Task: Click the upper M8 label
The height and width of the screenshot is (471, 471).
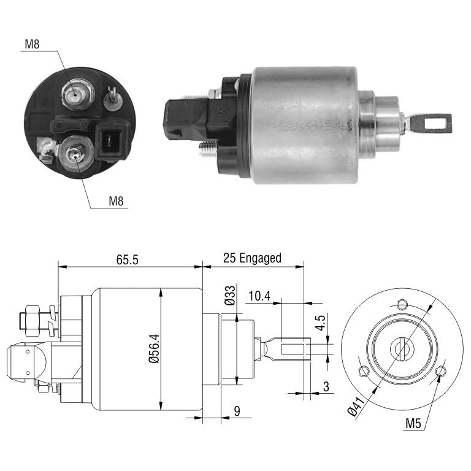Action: click(x=32, y=44)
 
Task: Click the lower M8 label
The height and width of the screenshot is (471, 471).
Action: click(x=116, y=201)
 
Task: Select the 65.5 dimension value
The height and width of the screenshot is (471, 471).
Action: click(x=128, y=259)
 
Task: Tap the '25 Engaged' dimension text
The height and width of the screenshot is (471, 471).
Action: click(x=252, y=258)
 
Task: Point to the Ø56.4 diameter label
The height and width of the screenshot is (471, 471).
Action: click(x=155, y=348)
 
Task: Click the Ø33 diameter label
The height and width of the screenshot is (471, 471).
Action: click(x=231, y=296)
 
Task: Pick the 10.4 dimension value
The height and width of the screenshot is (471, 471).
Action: click(x=259, y=296)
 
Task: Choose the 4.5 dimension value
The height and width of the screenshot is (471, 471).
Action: click(x=321, y=323)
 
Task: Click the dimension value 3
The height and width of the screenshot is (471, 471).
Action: click(x=326, y=386)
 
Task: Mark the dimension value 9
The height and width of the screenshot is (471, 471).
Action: click(x=237, y=412)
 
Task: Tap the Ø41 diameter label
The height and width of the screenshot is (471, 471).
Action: click(x=356, y=406)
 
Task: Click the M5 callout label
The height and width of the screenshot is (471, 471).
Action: click(x=413, y=424)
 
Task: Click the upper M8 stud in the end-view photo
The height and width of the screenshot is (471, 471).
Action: click(x=77, y=94)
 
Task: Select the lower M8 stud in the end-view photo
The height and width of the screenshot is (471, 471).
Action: click(x=75, y=153)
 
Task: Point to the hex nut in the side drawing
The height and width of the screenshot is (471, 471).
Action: click(x=32, y=321)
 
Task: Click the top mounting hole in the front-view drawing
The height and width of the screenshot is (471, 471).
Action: click(x=402, y=305)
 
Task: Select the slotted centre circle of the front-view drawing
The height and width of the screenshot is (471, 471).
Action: click(x=402, y=348)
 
